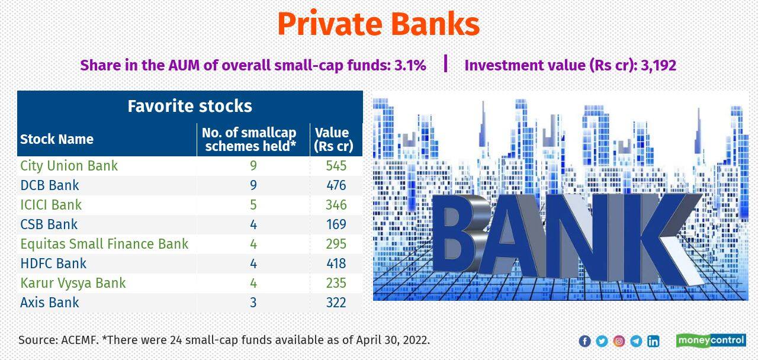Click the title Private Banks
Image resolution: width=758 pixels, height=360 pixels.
click(x=378, y=25)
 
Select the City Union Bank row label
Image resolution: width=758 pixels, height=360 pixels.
click(x=69, y=166)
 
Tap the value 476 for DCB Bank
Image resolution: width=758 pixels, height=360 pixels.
click(x=336, y=185)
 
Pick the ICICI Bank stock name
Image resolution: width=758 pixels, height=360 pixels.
click(x=51, y=205)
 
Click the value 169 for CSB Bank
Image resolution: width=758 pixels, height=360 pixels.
click(x=336, y=224)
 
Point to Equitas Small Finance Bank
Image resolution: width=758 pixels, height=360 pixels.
click(x=104, y=244)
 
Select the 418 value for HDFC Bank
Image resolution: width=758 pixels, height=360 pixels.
click(x=336, y=263)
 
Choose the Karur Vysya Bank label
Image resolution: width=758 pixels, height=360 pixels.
click(x=73, y=283)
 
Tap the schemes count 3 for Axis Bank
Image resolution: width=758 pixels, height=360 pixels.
click(x=253, y=303)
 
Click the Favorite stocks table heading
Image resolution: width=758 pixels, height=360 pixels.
click(x=189, y=106)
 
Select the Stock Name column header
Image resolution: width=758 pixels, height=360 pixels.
click(x=57, y=139)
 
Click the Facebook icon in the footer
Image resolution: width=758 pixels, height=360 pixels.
click(x=584, y=341)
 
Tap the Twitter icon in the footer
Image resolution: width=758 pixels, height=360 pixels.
click(x=602, y=341)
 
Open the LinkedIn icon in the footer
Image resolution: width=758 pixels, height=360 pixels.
click(x=653, y=341)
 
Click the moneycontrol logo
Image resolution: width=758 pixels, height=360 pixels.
click(x=711, y=340)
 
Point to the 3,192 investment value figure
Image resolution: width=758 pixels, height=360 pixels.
click(x=657, y=65)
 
